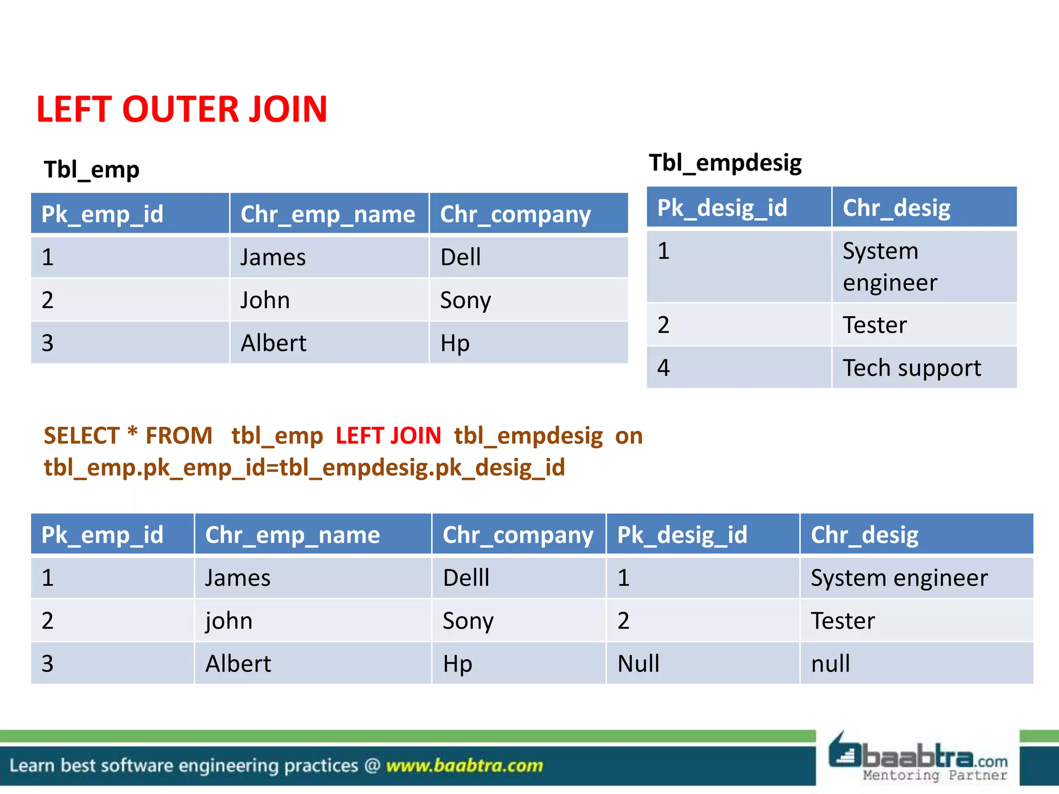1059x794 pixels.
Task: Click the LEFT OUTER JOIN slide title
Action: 181,110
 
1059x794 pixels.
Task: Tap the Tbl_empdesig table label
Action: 725,163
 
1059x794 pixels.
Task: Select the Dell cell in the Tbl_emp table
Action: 461,257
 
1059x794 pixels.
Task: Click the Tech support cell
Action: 912,368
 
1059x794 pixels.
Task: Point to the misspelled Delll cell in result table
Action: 466,578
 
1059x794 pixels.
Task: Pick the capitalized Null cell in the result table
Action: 639,664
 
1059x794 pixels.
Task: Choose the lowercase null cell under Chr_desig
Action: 830,664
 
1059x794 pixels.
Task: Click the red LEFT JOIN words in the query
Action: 388,436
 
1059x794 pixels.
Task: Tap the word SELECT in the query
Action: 82,436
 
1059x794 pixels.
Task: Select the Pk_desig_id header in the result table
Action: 682,535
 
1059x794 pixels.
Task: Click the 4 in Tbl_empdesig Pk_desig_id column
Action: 663,368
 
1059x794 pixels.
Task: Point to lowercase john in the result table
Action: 229,621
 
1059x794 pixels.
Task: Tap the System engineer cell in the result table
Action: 899,578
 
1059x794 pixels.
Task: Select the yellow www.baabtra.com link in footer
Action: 464,766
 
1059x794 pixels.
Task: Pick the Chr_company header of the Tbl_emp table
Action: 515,215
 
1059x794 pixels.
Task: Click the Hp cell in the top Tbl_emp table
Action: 455,343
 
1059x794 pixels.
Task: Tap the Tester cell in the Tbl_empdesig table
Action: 874,325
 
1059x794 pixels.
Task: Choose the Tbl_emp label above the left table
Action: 92,170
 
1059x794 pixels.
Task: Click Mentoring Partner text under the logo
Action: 935,775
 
